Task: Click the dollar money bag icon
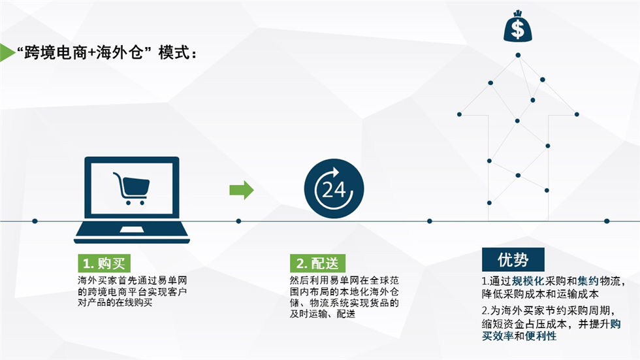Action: click(x=517, y=26)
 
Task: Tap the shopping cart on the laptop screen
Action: click(x=131, y=188)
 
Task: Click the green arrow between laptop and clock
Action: click(x=242, y=189)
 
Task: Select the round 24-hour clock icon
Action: click(x=334, y=189)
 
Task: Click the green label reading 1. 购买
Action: click(x=104, y=263)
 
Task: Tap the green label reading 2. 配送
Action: click(x=317, y=263)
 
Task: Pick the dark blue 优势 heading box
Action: click(x=513, y=259)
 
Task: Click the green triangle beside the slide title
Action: click(x=7, y=53)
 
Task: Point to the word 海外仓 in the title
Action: click(x=120, y=53)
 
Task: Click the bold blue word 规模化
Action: click(x=528, y=281)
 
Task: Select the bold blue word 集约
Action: click(x=588, y=281)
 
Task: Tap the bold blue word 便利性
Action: click(x=541, y=336)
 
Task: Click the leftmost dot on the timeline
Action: click(x=35, y=221)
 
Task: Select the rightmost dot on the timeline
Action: click(x=607, y=221)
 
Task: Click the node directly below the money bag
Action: click(x=518, y=55)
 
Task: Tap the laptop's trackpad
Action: click(x=131, y=230)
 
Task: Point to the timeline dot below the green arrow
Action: click(x=239, y=221)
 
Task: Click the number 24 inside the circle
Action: click(x=334, y=189)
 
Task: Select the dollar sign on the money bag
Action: click(x=517, y=29)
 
